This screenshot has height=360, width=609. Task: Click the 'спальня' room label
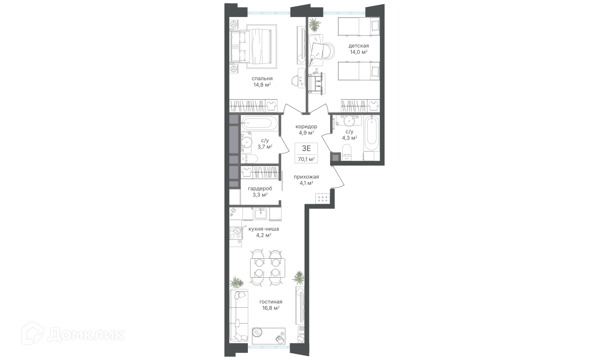coord(262,79)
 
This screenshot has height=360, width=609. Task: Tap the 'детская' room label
coord(358,46)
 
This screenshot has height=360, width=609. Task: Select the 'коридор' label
coord(306,126)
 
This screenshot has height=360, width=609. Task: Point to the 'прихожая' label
coord(306,177)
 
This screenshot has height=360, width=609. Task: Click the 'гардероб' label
coord(260,189)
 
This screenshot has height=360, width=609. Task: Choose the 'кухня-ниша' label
coord(264,229)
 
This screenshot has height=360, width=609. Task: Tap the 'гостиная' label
coord(271,302)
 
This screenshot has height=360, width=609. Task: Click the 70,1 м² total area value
coord(306,159)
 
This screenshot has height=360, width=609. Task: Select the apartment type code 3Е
coord(306,148)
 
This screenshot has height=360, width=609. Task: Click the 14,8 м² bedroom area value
coord(262,85)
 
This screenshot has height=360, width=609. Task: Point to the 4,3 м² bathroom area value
coord(349,138)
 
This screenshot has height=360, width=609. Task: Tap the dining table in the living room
coord(268,268)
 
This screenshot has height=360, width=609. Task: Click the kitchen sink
coord(261,213)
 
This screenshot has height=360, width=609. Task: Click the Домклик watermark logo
coord(73,335)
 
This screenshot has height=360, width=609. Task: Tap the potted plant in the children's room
coord(315,25)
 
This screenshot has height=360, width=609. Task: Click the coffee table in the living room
coord(269,336)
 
